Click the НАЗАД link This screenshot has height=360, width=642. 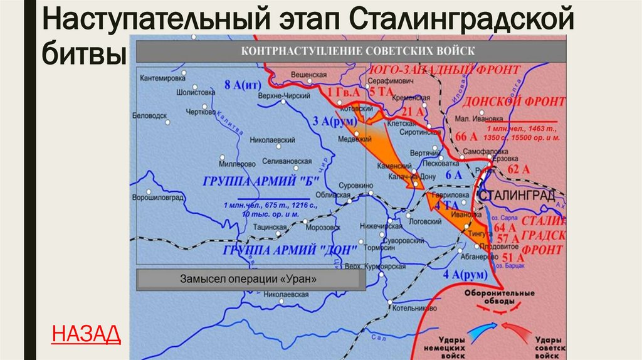pos(86,334)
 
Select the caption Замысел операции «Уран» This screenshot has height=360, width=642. pos(250,279)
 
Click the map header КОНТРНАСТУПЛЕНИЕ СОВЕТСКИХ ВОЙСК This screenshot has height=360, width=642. pos(351,51)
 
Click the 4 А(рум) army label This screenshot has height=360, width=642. pos(461,275)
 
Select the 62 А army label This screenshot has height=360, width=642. pos(518,168)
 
